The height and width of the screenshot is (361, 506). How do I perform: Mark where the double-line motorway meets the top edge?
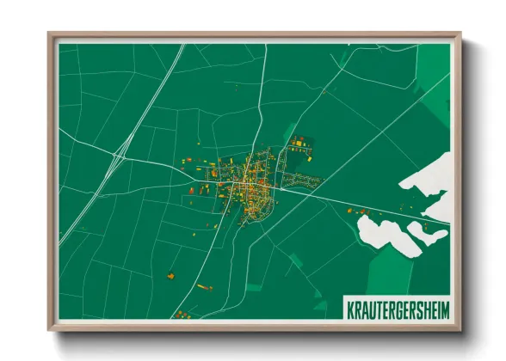(x=182, y=46)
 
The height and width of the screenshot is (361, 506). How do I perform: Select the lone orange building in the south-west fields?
(x=170, y=275)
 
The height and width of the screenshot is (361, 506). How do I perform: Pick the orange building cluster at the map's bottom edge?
(x=181, y=315)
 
